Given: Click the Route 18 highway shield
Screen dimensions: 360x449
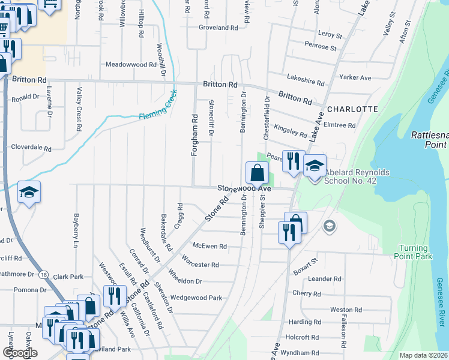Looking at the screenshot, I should [43, 274].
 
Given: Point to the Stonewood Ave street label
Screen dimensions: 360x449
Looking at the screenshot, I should [244, 188].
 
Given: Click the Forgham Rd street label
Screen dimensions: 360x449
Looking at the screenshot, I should [194, 136].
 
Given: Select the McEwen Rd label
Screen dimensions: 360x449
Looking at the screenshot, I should [209, 246].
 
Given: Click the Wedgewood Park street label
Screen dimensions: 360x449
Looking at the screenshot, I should [196, 298].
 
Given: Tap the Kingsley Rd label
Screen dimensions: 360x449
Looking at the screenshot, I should [291, 130].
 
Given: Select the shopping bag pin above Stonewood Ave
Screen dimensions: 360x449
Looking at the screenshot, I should [257, 173].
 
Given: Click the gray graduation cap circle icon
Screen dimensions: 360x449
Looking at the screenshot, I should [329, 226].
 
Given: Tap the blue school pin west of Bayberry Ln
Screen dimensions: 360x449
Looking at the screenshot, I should [29, 192].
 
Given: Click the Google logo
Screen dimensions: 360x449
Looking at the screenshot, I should [20, 353].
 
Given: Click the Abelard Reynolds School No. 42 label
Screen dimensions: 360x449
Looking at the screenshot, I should [358, 177].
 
